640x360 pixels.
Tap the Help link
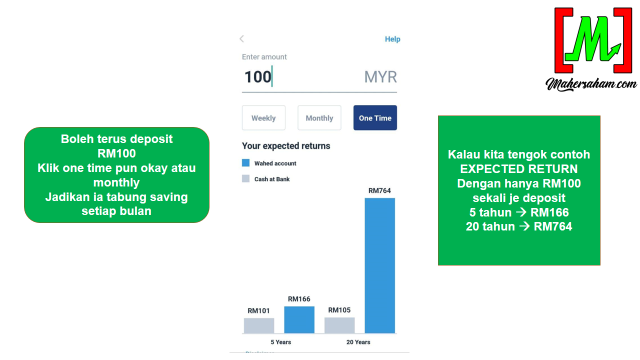pos(392,39)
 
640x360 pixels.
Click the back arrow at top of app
pos(242,39)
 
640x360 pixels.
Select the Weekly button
pos(263,118)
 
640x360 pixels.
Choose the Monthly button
pos(319,118)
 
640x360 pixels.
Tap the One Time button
pos(375,118)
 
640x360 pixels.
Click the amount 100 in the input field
pos(258,77)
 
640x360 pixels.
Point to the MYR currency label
pos(380,77)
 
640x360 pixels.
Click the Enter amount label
pos(265,57)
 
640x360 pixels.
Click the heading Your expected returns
pos(286,146)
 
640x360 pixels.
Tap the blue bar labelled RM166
pos(299,319)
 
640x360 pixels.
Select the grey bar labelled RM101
pos(259,325)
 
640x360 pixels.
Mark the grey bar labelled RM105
pos(340,325)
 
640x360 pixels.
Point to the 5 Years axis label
pos(279,342)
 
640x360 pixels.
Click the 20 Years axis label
pos(360,342)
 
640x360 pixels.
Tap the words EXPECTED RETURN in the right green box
pos(519,170)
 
